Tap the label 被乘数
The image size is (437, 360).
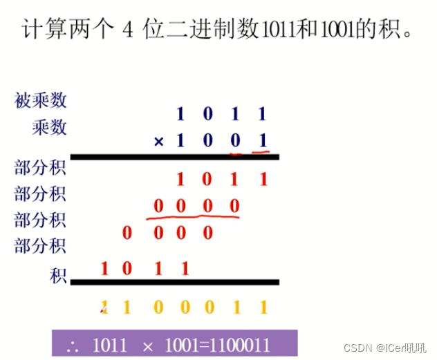coord(41,101)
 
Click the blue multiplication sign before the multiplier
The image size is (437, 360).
coord(159,142)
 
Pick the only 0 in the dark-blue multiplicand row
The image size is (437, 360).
coord(207,113)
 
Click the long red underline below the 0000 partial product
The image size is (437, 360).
coord(193,218)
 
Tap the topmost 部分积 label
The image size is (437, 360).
coord(41,168)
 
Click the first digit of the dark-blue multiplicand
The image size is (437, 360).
coord(181,113)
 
